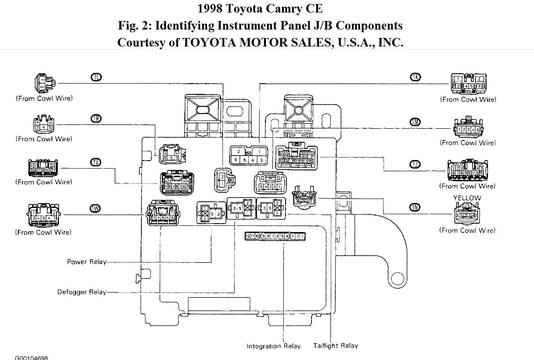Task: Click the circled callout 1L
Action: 96,77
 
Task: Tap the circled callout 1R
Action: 96,118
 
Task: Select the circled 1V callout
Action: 96,162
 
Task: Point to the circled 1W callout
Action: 96,208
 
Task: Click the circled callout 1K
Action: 415,77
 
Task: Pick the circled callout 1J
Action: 415,164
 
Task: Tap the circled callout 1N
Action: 415,207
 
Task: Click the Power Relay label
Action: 87,262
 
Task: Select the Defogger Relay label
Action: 81,292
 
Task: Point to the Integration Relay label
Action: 274,346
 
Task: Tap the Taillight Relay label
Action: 336,346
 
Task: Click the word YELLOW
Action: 467,198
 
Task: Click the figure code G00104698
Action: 31,358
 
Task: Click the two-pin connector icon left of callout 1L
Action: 43,83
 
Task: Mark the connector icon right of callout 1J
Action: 467,170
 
